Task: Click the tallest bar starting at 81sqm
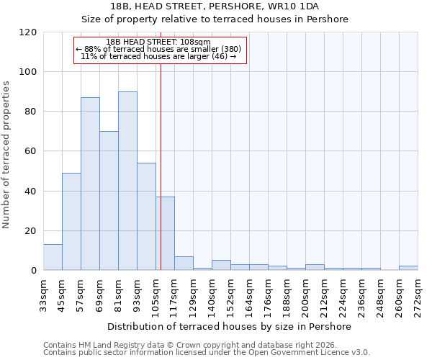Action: [x=127, y=181]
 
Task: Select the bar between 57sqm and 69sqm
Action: [x=90, y=184]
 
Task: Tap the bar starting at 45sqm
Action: [x=71, y=221]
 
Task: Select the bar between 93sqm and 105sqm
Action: [x=146, y=216]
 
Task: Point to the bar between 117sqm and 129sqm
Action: [x=184, y=264]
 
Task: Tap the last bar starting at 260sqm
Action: [x=408, y=268]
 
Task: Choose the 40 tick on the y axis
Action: [x=31, y=192]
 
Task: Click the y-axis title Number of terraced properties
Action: [x=6, y=155]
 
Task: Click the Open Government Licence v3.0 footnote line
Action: [x=207, y=352]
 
